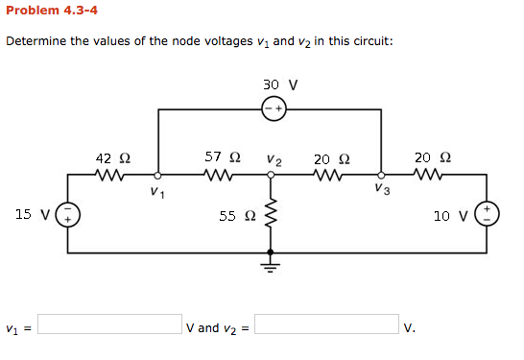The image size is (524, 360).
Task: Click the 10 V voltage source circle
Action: pyautogui.click(x=487, y=213)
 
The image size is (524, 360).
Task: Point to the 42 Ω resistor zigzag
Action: pyautogui.click(x=111, y=175)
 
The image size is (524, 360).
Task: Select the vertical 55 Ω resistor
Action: pyautogui.click(x=271, y=217)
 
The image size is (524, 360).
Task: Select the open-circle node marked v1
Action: pyautogui.click(x=158, y=175)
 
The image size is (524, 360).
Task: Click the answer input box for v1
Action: pyautogui.click(x=109, y=324)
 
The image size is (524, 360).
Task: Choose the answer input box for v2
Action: pyautogui.click(x=326, y=324)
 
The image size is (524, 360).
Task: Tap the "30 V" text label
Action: pyautogui.click(x=279, y=84)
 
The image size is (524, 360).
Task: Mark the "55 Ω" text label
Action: pyautogui.click(x=236, y=217)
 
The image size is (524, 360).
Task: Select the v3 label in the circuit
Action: pyautogui.click(x=383, y=190)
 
